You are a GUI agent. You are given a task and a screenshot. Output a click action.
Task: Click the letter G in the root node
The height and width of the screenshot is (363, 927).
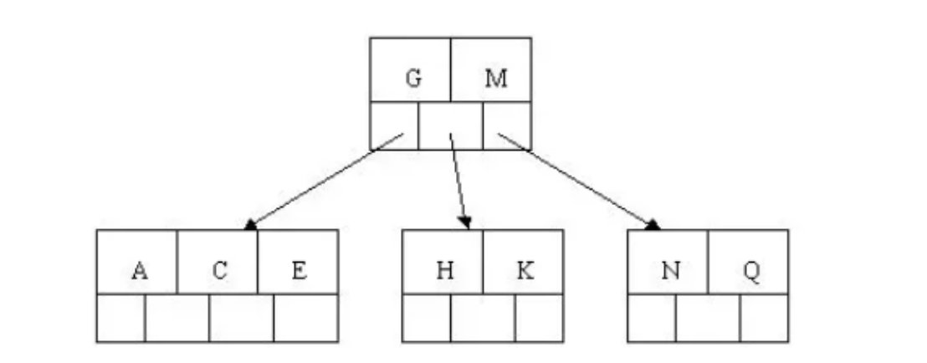tap(412, 79)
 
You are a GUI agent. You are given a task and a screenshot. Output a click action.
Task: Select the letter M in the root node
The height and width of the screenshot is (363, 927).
tap(496, 79)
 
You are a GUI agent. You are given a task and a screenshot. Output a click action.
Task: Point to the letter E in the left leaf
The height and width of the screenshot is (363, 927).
tap(299, 271)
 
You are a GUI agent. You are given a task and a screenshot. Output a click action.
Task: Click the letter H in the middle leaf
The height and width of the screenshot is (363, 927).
tap(443, 271)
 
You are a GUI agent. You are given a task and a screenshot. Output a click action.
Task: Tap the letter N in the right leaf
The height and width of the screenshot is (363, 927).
tap(669, 271)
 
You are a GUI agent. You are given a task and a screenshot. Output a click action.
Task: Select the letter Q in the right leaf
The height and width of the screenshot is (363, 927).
tap(750, 271)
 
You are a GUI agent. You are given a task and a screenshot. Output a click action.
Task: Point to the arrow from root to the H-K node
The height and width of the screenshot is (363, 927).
tap(458, 180)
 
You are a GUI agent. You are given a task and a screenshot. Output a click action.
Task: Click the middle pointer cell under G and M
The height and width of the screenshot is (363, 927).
tap(450, 125)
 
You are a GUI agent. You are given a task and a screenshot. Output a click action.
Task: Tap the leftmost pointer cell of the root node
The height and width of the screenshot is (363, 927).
tap(394, 125)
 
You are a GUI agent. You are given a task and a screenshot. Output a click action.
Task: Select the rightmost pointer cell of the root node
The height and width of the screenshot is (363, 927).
tap(507, 125)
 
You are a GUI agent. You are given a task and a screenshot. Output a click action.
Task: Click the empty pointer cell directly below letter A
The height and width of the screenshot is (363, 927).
tap(121, 318)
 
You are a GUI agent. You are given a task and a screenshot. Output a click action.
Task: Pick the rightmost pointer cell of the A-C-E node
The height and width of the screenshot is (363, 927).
tap(305, 318)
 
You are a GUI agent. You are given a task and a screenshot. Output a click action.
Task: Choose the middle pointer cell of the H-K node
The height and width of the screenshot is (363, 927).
tap(483, 318)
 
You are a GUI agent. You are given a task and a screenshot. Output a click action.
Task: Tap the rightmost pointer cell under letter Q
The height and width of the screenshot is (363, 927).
tap(764, 318)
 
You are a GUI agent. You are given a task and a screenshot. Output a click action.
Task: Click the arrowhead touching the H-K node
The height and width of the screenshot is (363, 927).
tap(466, 223)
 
